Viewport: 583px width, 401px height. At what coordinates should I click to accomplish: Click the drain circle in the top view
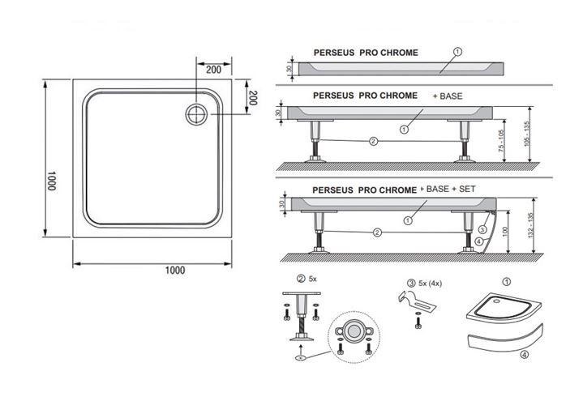click(196, 114)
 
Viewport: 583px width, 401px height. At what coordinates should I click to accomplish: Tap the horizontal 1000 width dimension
click(175, 271)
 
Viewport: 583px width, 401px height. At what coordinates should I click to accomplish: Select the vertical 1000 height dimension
click(51, 181)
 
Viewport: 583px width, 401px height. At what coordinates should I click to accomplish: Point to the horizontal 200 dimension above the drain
click(213, 70)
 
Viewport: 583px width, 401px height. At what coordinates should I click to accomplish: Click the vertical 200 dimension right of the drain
click(252, 98)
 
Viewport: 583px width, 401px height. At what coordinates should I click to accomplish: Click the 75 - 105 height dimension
click(501, 140)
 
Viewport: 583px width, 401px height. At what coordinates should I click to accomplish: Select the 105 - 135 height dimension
click(526, 134)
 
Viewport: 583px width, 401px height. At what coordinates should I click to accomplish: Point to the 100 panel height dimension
click(504, 232)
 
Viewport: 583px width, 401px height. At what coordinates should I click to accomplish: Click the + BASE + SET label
click(448, 190)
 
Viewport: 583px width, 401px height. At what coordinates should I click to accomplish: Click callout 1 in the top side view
click(457, 52)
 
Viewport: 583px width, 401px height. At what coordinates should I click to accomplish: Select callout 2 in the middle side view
click(373, 141)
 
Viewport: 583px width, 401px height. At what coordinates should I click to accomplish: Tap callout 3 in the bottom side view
click(482, 230)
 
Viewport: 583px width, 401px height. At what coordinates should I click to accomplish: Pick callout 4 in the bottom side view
click(479, 241)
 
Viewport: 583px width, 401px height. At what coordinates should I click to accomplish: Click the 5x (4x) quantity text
click(431, 284)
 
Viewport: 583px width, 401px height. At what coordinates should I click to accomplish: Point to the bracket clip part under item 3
click(417, 302)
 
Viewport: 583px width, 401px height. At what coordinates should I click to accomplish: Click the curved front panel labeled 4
click(505, 339)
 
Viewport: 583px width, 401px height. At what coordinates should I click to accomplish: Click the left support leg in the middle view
click(315, 142)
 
